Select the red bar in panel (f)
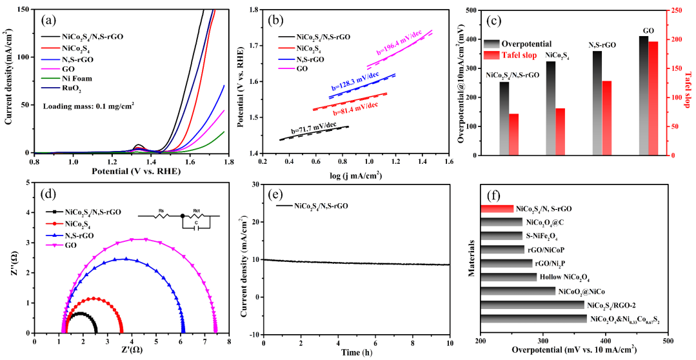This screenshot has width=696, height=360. click(x=497, y=208)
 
